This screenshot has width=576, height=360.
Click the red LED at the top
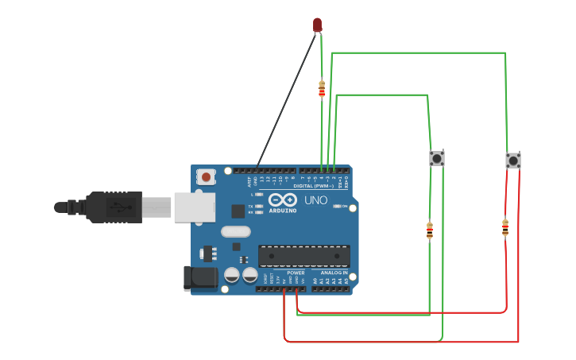click(318, 25)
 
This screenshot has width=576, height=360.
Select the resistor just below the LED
click(322, 88)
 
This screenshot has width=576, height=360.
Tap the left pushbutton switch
click(437, 158)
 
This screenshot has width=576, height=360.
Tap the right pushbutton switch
click(513, 161)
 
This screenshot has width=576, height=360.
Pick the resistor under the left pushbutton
click(430, 230)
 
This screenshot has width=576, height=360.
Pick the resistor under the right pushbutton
click(505, 227)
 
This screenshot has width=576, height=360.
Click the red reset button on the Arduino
click(207, 176)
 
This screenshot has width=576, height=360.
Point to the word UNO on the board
click(316, 200)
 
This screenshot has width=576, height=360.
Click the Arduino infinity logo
click(282, 199)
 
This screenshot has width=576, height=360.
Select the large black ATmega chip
click(304, 256)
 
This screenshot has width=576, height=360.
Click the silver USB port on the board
click(195, 207)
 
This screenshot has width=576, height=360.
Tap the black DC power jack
click(200, 277)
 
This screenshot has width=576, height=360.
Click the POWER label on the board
click(296, 273)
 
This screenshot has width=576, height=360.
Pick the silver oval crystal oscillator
click(235, 232)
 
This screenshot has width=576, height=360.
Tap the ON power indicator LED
click(337, 206)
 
